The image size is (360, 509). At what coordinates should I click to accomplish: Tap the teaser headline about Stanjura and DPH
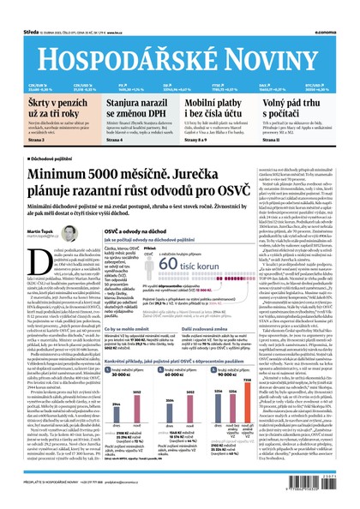141,107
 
